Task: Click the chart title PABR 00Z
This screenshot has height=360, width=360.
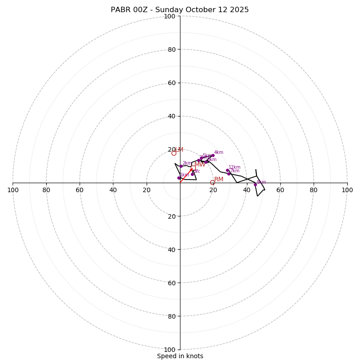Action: (x=180, y=10)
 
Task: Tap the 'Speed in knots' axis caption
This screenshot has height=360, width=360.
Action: (x=180, y=356)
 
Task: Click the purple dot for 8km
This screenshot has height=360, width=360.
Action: (x=255, y=184)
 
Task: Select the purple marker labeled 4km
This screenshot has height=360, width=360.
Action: (x=213, y=156)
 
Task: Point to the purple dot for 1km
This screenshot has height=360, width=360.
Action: (x=179, y=178)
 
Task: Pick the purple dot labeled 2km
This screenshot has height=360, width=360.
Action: (x=181, y=166)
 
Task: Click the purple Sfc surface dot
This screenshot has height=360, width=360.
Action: (x=192, y=174)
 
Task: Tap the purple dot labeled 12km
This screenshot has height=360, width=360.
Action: (x=227, y=171)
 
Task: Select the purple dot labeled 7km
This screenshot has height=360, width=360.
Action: (x=229, y=174)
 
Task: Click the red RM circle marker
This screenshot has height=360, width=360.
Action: (x=212, y=182)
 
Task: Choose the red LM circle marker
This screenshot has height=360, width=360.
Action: (x=174, y=153)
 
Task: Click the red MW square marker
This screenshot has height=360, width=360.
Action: (x=193, y=168)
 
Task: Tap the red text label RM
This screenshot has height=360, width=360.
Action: (x=219, y=180)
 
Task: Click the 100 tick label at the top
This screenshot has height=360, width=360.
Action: (x=170, y=17)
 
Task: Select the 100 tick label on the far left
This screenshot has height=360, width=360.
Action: (x=13, y=190)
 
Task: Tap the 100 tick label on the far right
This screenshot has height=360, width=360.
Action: (x=347, y=190)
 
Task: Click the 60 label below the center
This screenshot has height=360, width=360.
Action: (x=171, y=283)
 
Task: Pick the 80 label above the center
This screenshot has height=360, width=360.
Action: (x=171, y=49)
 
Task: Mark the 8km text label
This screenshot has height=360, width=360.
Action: (x=261, y=182)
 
